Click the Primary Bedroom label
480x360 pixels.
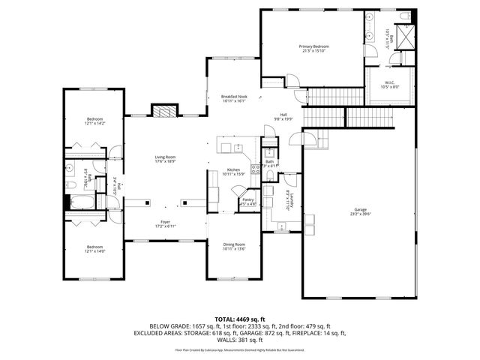(316, 49)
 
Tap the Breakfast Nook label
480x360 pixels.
(234, 99)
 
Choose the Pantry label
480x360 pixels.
(247, 201)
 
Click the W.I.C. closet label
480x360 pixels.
(390, 85)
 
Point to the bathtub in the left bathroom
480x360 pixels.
(80, 201)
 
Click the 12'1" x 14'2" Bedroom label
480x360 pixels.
(94, 122)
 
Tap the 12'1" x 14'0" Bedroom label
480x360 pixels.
(94, 249)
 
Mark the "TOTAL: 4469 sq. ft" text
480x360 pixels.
(240, 319)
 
